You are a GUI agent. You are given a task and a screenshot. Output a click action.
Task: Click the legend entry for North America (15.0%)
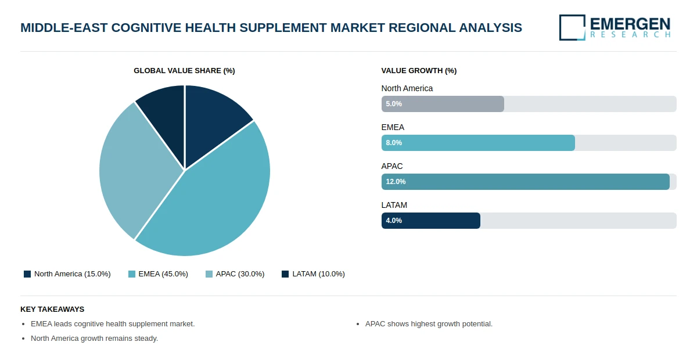coord(67,274)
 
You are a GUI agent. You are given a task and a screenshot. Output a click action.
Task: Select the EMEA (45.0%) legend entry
coord(158,274)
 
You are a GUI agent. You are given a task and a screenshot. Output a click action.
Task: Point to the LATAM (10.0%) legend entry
coord(313,274)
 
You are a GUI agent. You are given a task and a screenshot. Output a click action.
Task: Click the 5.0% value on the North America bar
coord(394,104)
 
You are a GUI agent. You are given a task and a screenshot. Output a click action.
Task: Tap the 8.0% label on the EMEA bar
coord(394,143)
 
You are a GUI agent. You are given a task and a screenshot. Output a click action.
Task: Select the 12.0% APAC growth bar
coord(525,182)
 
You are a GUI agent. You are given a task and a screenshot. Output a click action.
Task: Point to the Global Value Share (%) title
coord(184,71)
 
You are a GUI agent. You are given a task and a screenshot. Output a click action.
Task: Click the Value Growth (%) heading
coord(419,71)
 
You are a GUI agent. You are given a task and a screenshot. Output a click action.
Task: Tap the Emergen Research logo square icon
coord(572,27)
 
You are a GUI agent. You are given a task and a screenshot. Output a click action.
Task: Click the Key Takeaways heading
coord(52,309)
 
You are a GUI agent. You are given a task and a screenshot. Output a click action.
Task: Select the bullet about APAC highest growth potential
coord(429,324)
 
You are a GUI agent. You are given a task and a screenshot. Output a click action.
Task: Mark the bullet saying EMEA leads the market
coord(113,324)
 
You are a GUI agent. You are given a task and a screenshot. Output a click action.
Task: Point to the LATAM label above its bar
coord(394,205)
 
